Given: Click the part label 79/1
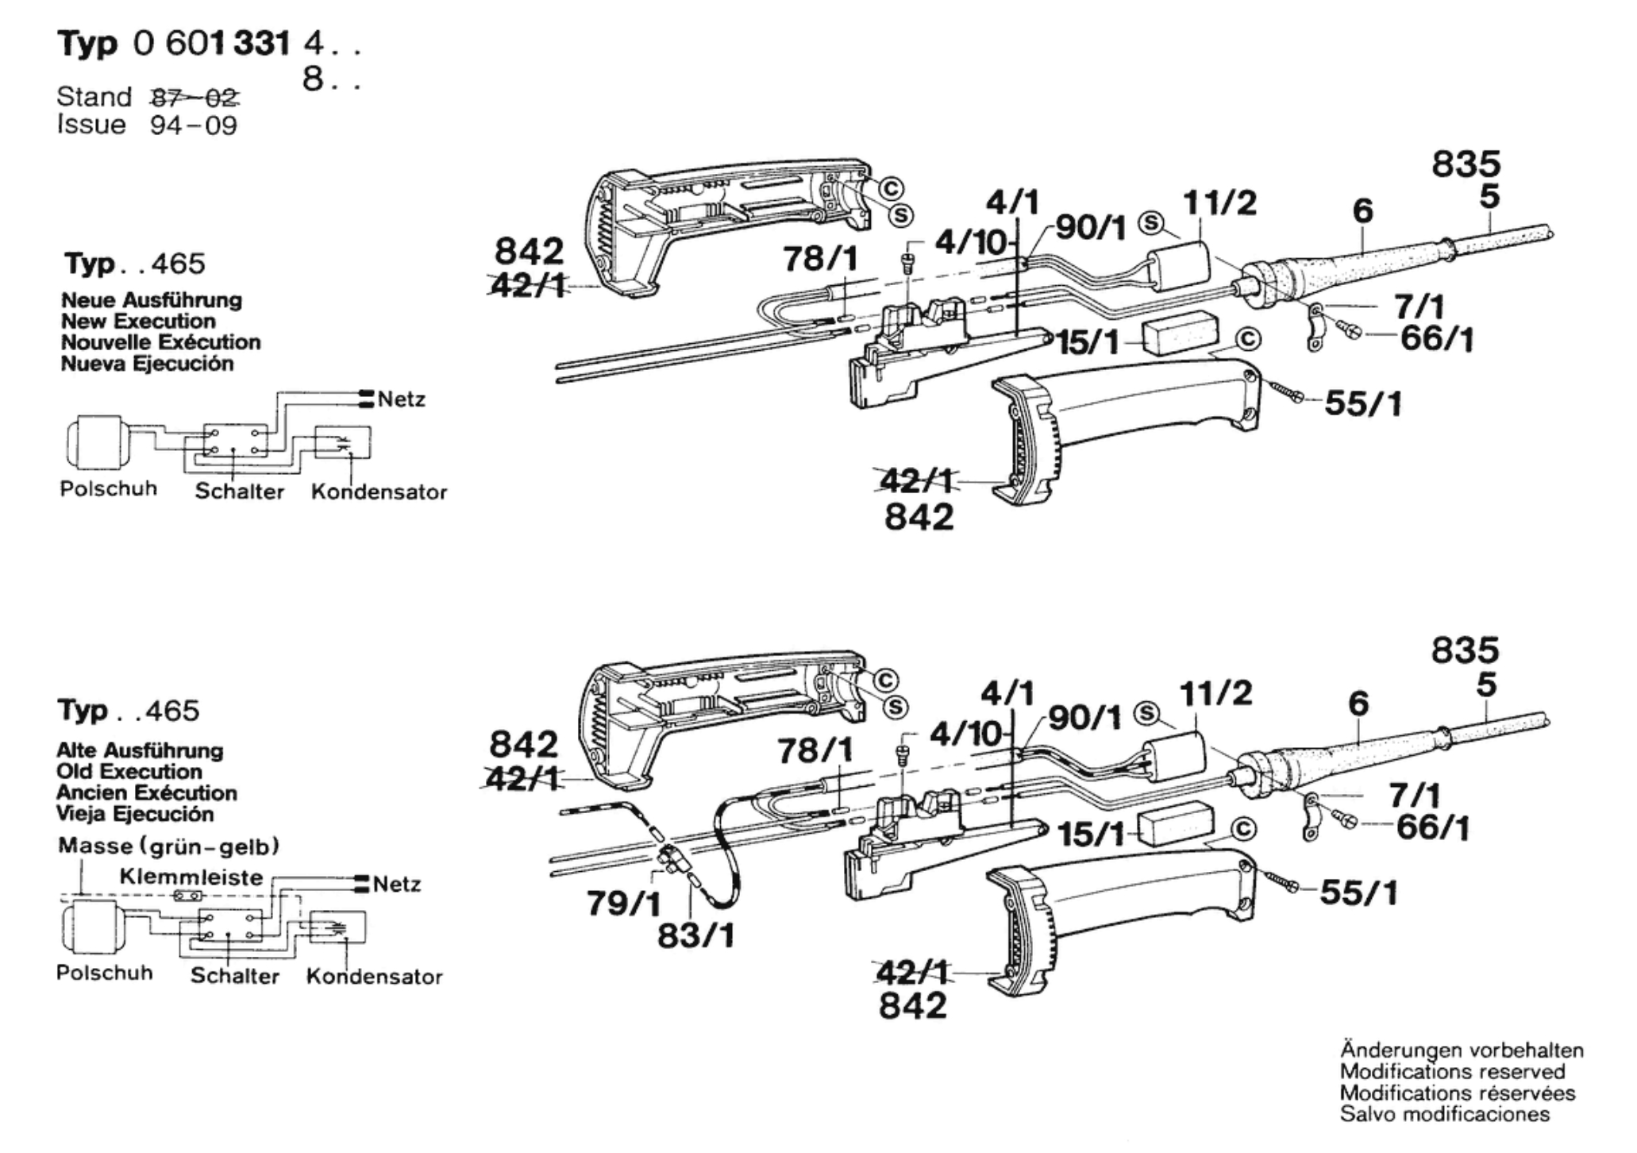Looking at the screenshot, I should pyautogui.click(x=623, y=903).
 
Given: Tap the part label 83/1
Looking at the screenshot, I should pyautogui.click(x=695, y=936).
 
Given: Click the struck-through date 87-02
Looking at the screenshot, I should pyautogui.click(x=195, y=98).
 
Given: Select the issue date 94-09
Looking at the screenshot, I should pyautogui.click(x=194, y=125).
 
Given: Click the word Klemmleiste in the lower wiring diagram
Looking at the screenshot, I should pyautogui.click(x=191, y=877).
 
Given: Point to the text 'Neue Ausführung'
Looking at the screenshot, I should pyautogui.click(x=151, y=300).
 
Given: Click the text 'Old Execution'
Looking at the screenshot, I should pyautogui.click(x=129, y=772).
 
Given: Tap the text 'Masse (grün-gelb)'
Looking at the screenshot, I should pyautogui.click(x=168, y=846).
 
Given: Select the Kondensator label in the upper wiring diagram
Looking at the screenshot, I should pyautogui.click(x=379, y=492).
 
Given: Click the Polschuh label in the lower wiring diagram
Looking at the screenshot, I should pyautogui.click(x=104, y=973).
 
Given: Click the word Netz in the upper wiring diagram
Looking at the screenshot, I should pyautogui.click(x=402, y=399).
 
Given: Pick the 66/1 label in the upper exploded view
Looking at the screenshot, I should pyautogui.click(x=1436, y=339).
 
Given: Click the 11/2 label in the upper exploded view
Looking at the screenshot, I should pyautogui.click(x=1219, y=203).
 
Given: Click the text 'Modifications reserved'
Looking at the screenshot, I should pyautogui.click(x=1452, y=1072).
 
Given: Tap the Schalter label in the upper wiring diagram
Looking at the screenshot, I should pyautogui.click(x=239, y=492).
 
